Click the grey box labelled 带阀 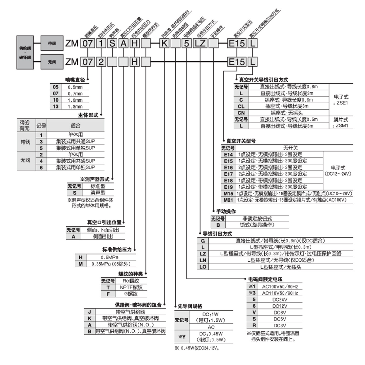[x=52, y=43]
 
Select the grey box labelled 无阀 [x=52, y=62]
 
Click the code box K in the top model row [x=165, y=43]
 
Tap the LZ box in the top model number [x=200, y=43]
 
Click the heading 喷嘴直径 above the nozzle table [x=75, y=80]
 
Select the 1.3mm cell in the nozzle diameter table [x=75, y=107]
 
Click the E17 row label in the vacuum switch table [x=228, y=174]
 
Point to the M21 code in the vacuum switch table [x=228, y=200]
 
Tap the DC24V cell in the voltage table [x=280, y=299]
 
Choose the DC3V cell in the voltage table [x=280, y=325]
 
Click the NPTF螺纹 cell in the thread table [x=131, y=287]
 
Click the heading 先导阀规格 [x=190, y=306]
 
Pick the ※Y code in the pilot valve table [x=182, y=337]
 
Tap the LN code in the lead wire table [x=203, y=260]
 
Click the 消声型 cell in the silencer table [x=98, y=193]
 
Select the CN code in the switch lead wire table [x=241, y=113]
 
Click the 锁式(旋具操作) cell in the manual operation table [x=257, y=225]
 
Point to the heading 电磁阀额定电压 [x=265, y=279]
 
